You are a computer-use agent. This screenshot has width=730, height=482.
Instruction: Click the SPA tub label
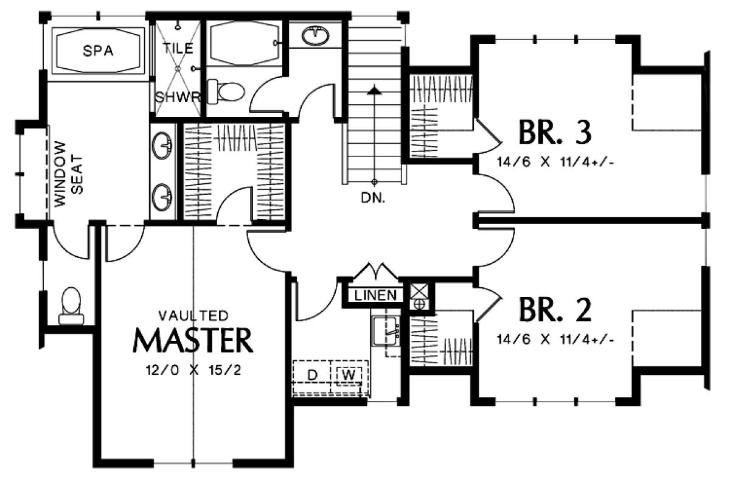pyautogui.click(x=98, y=51)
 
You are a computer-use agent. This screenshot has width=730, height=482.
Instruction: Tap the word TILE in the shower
pyautogui.click(x=178, y=49)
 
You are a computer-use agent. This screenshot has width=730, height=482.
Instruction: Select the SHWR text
pyautogui.click(x=177, y=97)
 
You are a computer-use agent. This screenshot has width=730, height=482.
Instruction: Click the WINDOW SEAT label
pyautogui.click(x=69, y=173)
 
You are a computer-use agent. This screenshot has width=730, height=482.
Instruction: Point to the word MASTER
pyautogui.click(x=193, y=340)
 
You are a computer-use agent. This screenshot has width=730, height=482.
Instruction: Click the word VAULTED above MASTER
pyautogui.click(x=193, y=316)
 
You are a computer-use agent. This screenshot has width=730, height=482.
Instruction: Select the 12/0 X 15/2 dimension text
pyautogui.click(x=193, y=370)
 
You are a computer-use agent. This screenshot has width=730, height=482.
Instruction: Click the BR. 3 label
pyautogui.click(x=555, y=132)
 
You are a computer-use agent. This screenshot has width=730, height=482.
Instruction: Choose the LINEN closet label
pyautogui.click(x=375, y=295)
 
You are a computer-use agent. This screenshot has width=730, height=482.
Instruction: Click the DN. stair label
pyautogui.click(x=373, y=198)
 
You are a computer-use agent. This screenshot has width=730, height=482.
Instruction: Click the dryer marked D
pyautogui.click(x=312, y=375)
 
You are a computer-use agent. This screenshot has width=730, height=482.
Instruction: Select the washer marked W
pyautogui.click(x=349, y=375)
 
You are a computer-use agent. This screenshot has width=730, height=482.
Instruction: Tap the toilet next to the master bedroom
pyautogui.click(x=71, y=306)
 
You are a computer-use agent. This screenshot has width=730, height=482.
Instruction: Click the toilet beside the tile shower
pyautogui.click(x=226, y=92)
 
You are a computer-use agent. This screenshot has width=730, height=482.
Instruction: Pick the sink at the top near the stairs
pyautogui.click(x=315, y=35)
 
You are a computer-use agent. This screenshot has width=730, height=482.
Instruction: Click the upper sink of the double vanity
pyautogui.click(x=162, y=145)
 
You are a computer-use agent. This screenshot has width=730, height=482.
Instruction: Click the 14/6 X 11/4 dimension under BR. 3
pyautogui.click(x=555, y=162)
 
